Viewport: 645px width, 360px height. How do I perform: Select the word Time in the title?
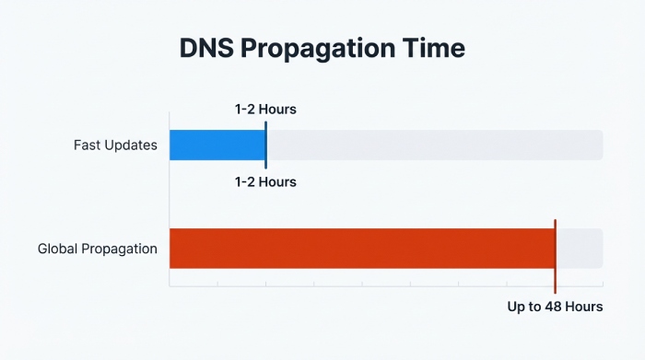tap(434, 49)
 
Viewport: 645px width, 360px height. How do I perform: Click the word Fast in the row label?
tap(88, 145)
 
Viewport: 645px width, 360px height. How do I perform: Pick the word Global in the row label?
tap(58, 249)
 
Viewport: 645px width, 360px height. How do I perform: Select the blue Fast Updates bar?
tap(217, 145)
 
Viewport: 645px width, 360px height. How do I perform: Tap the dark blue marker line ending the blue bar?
tap(265, 145)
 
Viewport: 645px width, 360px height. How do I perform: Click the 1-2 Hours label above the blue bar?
tap(265, 110)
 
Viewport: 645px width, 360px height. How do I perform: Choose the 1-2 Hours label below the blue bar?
tap(265, 181)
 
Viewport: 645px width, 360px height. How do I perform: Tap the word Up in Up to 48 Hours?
tap(517, 307)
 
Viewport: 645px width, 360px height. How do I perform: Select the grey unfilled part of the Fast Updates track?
tap(433, 145)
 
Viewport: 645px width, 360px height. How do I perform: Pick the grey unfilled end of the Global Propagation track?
tap(580, 249)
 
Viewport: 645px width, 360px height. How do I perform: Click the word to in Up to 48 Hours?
tap(535, 307)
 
